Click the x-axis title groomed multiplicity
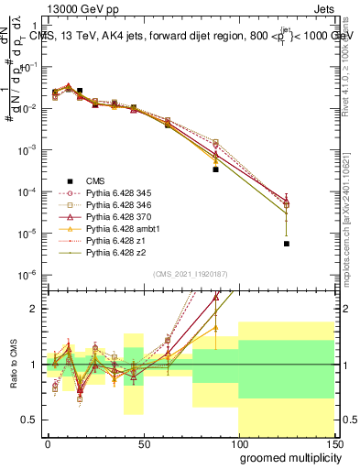point(286,456)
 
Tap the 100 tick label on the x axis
point(238,442)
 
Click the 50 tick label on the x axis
point(143,442)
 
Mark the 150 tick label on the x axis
point(333,442)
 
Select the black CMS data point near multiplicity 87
point(215,169)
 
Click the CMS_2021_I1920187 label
point(190,274)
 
